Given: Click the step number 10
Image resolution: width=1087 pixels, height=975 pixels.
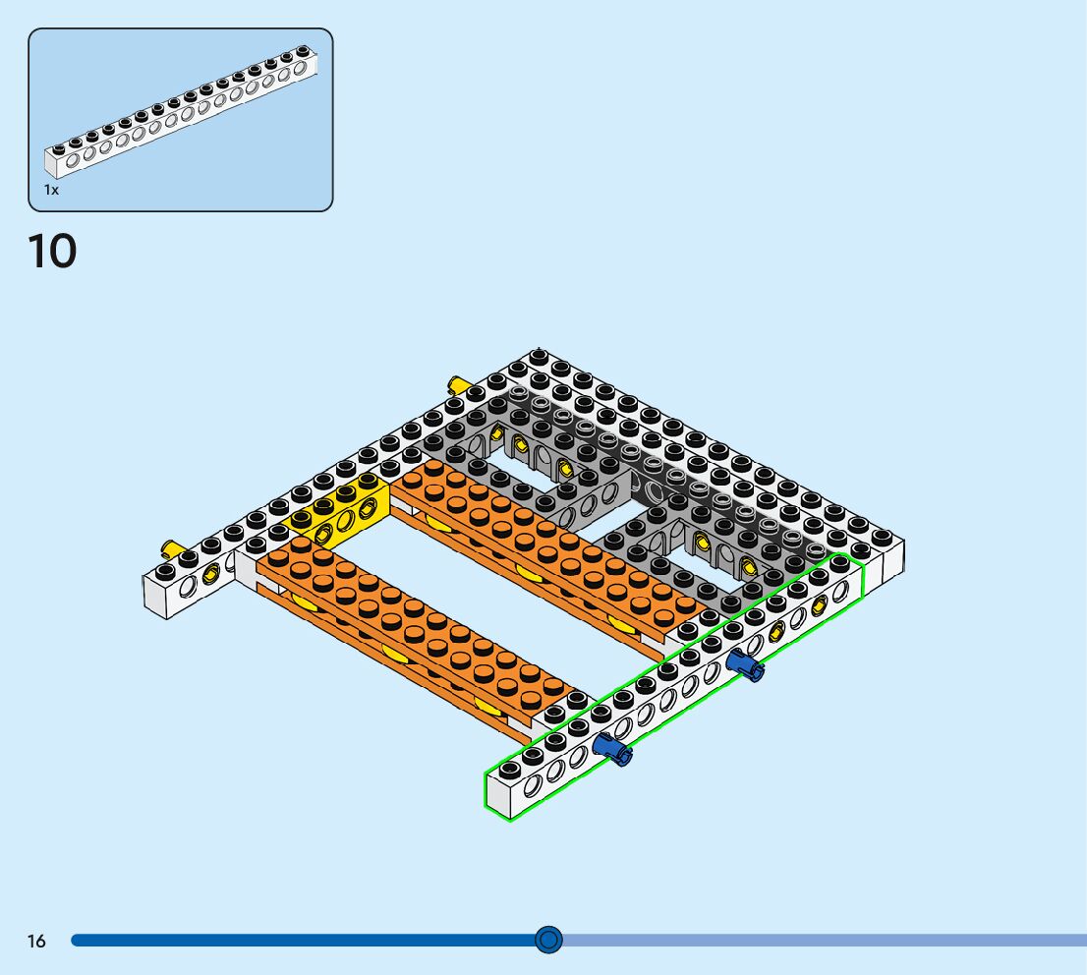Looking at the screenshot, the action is [52, 251].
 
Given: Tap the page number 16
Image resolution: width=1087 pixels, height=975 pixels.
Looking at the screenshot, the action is [36, 941].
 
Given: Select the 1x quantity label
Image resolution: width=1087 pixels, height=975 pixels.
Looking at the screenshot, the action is [51, 190].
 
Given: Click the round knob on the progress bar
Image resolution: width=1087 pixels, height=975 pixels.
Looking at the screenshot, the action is [548, 940].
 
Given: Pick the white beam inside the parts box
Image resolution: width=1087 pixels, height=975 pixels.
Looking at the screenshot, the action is [181, 112].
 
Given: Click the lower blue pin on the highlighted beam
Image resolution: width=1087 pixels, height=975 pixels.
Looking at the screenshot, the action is [612, 749].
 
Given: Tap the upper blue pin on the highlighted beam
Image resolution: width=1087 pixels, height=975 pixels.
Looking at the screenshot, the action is [745, 665].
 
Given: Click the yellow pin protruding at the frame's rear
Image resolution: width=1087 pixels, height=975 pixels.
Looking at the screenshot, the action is [458, 385].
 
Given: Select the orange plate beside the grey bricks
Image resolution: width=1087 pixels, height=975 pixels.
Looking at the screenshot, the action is [547, 547].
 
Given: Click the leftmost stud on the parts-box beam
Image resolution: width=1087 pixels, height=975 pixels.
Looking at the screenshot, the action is [59, 149].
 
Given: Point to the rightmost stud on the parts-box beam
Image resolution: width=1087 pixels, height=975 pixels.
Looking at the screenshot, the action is [303, 51].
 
